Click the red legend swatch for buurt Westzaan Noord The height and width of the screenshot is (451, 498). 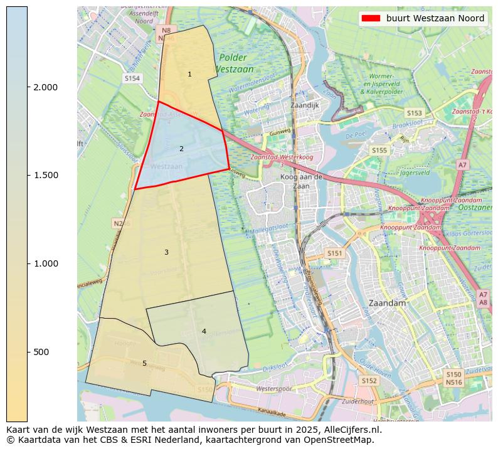tap(372, 19)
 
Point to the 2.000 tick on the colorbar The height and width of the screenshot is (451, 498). tap(28, 87)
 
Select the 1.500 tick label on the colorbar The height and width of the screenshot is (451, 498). tap(45, 175)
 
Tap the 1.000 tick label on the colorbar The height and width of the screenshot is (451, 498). tap(45, 263)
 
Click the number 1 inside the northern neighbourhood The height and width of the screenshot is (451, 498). tap(189, 75)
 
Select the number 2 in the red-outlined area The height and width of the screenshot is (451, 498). tap(181, 149)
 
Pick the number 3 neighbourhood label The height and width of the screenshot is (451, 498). tap(166, 252)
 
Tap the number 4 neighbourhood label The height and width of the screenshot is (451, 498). tap(204, 331)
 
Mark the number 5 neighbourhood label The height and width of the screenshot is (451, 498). tap(144, 363)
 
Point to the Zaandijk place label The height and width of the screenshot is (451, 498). tap(305, 105)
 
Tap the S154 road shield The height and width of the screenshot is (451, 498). tap(132, 78)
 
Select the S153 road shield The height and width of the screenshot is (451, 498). tap(414, 113)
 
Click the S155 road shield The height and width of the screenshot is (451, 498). tap(379, 150)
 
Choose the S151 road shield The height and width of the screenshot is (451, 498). tap(335, 253)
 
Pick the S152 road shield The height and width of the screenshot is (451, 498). tap(369, 380)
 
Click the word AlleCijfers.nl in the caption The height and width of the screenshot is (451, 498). tap(351, 430)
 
